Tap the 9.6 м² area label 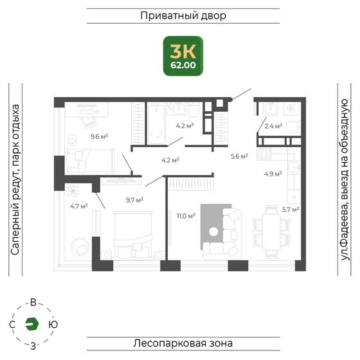[98, 136]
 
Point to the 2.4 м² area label [273, 127]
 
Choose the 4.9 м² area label [273, 173]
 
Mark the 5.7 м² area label [291, 209]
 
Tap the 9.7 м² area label [134, 200]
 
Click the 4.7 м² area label [78, 206]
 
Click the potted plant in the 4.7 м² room [75, 190]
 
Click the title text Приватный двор [183, 16]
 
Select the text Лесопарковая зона [183, 343]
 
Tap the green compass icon [32, 325]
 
